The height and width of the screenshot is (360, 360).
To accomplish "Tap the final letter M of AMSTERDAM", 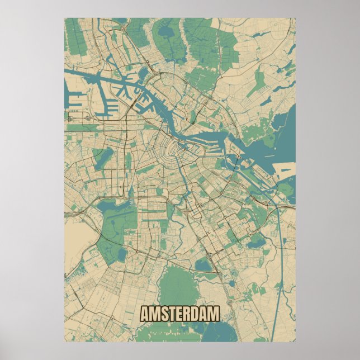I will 212,314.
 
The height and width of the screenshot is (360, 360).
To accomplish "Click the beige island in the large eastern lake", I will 282,170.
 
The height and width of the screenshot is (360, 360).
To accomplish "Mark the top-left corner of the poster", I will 65,18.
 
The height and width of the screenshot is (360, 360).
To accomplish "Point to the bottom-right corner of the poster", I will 295,342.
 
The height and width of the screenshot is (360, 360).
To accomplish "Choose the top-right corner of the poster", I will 295,18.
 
